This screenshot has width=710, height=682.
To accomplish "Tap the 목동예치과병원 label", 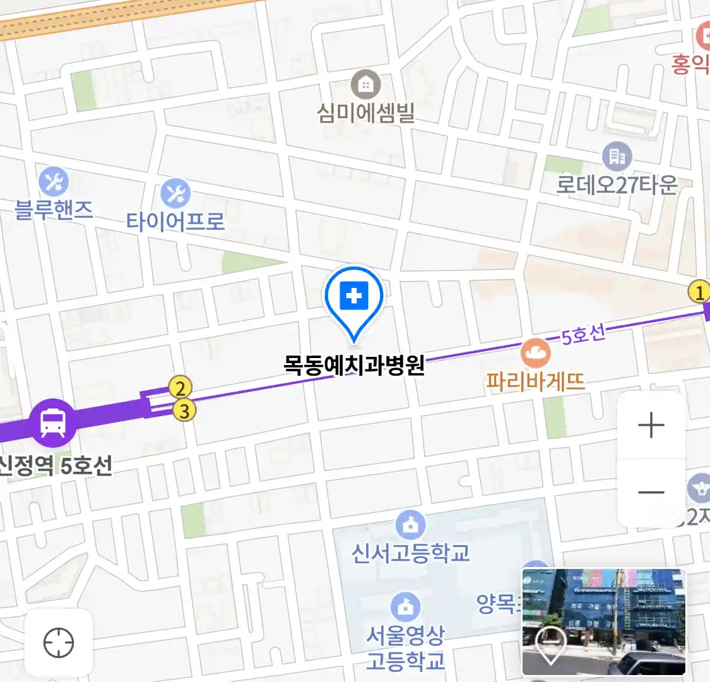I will pos(354,366).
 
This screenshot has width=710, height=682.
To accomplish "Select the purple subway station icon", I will pos(53,422).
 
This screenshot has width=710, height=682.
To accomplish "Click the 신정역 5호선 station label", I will pos(57,466).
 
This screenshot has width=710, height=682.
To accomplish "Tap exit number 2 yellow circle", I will pos(180,388).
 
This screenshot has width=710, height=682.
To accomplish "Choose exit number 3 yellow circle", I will pos(184,411).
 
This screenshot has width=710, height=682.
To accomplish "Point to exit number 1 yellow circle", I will pos(699,292).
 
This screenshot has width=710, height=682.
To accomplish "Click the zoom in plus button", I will pos(651,426).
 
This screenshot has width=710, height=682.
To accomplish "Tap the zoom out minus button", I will pos(651,493).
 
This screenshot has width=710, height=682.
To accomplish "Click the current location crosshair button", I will pos(59,643).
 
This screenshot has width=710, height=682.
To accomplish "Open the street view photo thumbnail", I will pos(603,622).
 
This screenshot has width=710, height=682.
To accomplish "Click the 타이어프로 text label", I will pos(175,222).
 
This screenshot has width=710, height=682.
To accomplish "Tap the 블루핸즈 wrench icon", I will pos(54,182).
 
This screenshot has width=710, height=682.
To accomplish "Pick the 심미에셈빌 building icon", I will pos(365,84).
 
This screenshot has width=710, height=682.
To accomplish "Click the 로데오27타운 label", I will pos(617,184).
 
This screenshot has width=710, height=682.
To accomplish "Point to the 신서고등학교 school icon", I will pos(411,525).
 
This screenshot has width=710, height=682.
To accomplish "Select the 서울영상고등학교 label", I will pos(406,647).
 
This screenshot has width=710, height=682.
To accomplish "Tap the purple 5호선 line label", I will pos(583,334).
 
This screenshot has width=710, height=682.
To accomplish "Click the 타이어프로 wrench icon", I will pos(175,193).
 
